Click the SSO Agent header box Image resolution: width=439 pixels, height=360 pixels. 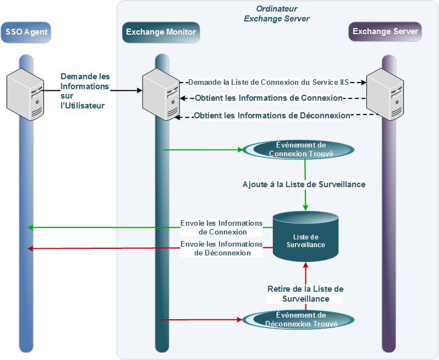(x=26, y=32)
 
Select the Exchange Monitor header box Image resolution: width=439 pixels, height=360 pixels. (x=161, y=32)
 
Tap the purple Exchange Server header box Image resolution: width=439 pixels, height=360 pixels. (x=385, y=31)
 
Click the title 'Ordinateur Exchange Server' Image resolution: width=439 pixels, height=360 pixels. (x=276, y=14)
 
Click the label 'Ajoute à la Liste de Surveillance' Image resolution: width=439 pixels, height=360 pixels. (x=304, y=184)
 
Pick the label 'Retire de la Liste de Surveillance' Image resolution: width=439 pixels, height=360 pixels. (x=305, y=293)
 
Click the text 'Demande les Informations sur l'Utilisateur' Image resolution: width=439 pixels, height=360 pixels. (x=85, y=91)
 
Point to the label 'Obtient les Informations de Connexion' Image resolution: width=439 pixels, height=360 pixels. (x=269, y=99)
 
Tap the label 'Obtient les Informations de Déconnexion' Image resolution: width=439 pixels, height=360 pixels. (x=272, y=116)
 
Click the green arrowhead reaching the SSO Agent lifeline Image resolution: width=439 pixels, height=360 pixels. (x=31, y=227)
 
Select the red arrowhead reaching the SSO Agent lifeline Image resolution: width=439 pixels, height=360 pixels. (x=31, y=248)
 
